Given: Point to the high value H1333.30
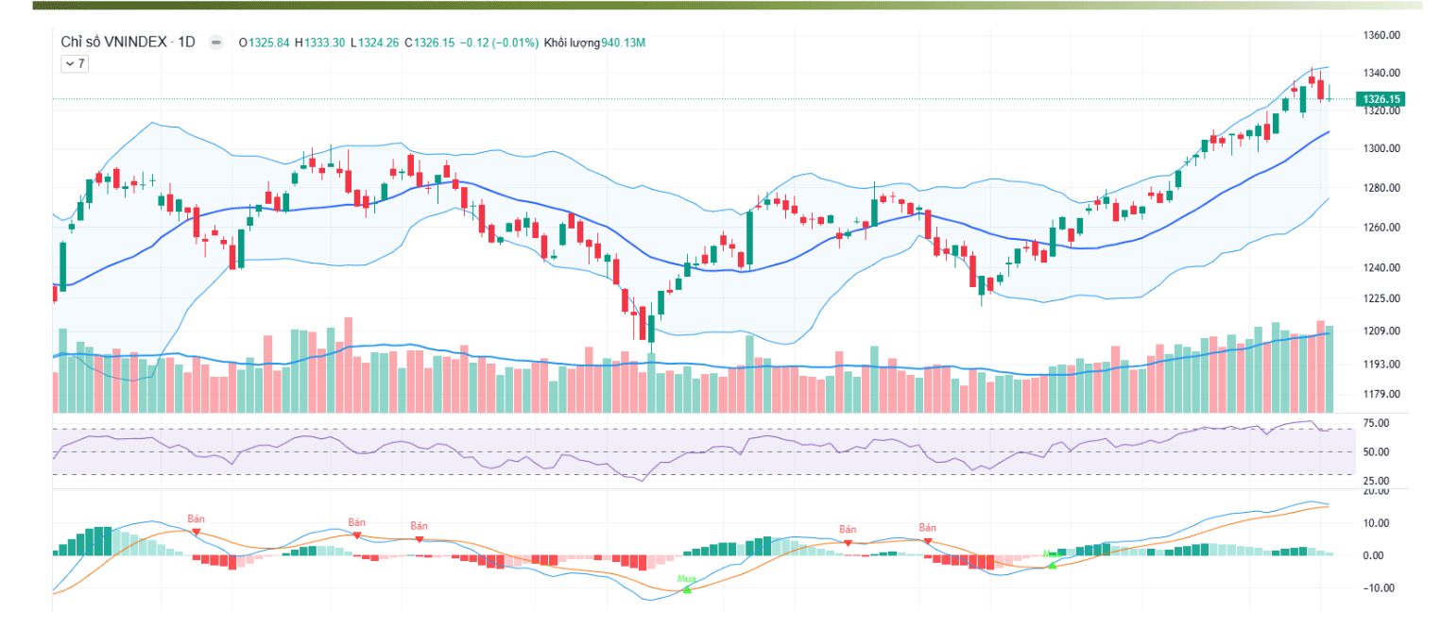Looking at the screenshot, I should [319, 42].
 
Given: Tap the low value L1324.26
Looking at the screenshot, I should [374, 42].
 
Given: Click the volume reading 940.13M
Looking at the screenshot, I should [623, 42].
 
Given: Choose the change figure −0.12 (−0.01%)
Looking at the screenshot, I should [499, 42].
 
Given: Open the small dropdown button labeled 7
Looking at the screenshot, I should [74, 63].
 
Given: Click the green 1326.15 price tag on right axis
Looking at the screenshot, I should [1381, 98].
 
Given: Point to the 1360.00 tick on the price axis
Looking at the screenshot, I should [1381, 36].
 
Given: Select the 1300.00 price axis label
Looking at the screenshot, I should [1381, 149].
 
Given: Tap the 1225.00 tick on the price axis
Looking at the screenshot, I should [1381, 298].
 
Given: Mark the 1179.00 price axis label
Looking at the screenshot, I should [1381, 395].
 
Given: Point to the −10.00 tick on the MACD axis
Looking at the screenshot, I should [1381, 587].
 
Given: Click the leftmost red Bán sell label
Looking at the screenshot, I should [196, 519].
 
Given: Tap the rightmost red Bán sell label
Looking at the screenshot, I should [927, 528].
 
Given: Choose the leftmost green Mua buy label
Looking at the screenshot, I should [687, 578].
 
